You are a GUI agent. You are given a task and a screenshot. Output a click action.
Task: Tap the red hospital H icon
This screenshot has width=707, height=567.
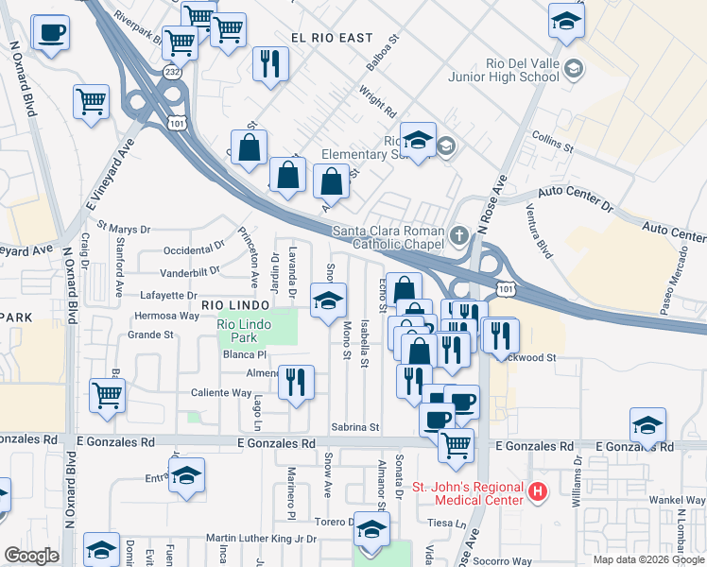click(x=537, y=491)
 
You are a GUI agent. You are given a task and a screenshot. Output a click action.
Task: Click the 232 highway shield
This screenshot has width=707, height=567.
click(x=171, y=71)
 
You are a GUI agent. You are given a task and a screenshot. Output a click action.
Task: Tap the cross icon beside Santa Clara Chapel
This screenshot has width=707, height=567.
click(x=458, y=234)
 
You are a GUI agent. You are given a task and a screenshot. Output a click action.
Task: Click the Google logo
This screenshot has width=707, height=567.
click(x=30, y=556)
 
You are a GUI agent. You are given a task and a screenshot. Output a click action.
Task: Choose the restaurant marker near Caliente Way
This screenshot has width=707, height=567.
click(x=296, y=382)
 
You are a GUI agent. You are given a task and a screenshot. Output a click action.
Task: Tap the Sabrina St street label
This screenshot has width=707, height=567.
click(x=353, y=427)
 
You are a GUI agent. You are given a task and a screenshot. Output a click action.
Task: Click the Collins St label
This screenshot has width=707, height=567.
click(x=553, y=142)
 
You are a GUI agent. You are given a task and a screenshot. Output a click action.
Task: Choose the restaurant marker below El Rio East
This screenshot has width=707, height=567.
click(x=271, y=64)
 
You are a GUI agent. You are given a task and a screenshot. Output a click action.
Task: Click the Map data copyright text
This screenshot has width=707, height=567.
click(x=647, y=559)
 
